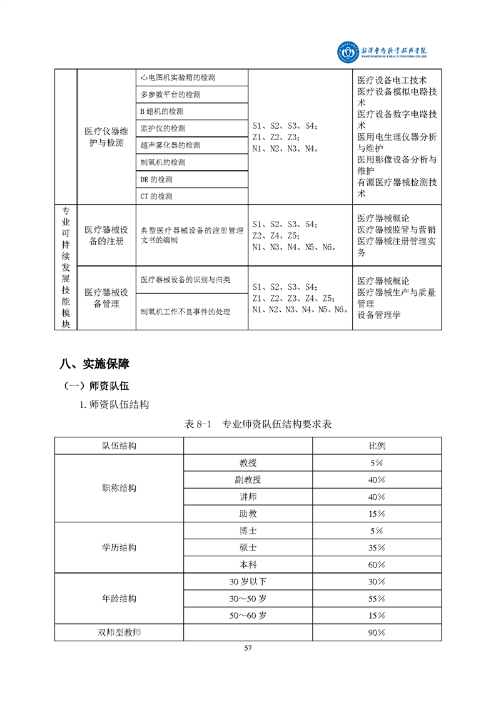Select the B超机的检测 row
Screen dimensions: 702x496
pos(162,111)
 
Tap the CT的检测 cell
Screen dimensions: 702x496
pos(156,196)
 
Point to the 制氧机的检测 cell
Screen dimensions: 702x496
pos(163,162)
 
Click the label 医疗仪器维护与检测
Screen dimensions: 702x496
pos(106,136)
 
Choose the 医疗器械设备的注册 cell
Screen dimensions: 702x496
pos(106,235)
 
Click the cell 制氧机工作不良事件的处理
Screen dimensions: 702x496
pos(185,312)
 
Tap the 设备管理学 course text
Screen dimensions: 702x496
pos(378,315)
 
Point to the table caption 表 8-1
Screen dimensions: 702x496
pos(258,424)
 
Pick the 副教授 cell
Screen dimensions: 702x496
pos(248,480)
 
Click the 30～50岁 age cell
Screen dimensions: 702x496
pos(248,598)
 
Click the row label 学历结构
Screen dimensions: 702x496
pos(119,547)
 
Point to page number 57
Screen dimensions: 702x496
pos(248,648)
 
